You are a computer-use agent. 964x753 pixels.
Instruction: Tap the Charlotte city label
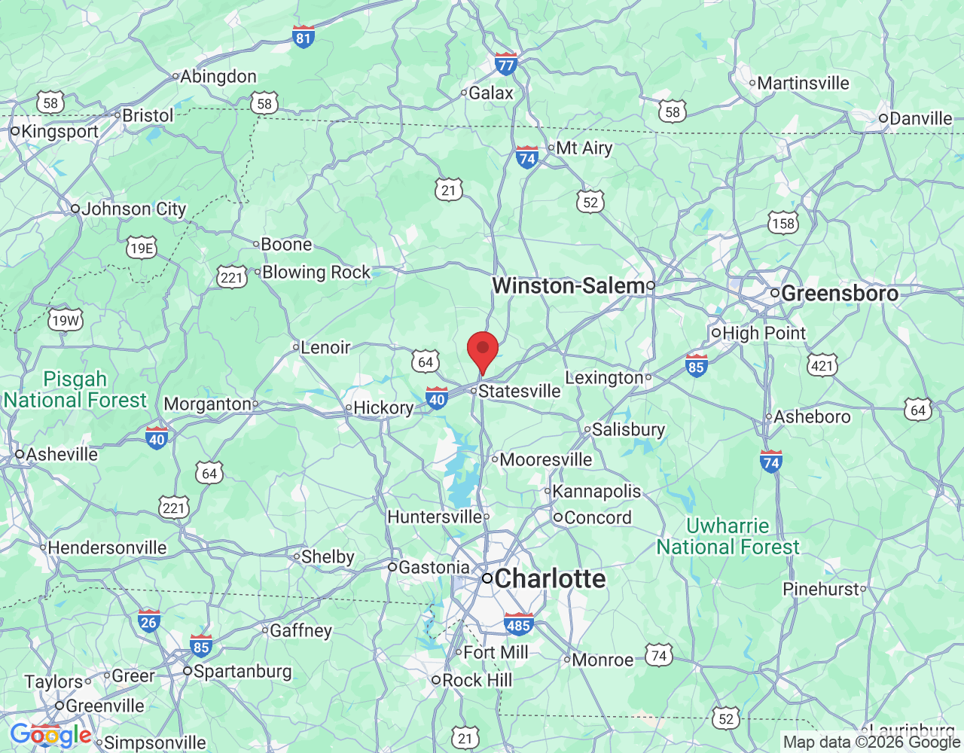click(x=550, y=578)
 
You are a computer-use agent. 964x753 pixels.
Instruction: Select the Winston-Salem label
click(x=568, y=286)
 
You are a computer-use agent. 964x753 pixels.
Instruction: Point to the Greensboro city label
click(x=840, y=294)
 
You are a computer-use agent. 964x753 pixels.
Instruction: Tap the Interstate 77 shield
click(x=506, y=63)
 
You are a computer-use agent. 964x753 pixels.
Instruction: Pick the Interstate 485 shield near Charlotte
click(x=518, y=623)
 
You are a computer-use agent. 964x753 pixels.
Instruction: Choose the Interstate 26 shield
click(x=149, y=620)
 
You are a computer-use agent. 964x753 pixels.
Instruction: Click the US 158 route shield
click(x=783, y=223)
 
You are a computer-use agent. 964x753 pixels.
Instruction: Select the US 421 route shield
click(x=822, y=366)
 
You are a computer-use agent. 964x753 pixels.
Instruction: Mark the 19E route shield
click(x=142, y=248)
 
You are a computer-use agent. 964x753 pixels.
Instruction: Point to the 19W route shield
click(x=66, y=321)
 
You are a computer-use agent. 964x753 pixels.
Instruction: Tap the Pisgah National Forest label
click(x=75, y=389)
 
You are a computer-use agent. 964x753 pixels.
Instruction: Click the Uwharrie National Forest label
click(x=728, y=536)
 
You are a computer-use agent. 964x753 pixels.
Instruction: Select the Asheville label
click(x=62, y=454)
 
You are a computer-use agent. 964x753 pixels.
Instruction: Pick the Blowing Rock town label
click(x=316, y=273)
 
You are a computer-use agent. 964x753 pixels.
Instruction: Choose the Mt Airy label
click(x=584, y=148)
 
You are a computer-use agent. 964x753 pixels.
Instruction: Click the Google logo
click(x=50, y=735)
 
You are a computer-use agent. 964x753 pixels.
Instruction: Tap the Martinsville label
click(x=803, y=83)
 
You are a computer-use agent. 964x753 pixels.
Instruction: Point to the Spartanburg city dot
click(x=187, y=671)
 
